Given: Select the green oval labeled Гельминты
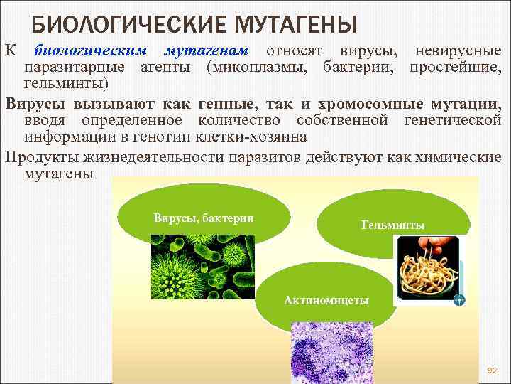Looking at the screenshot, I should point(392,220).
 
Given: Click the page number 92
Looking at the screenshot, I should point(493,370).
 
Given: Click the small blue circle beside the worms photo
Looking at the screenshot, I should point(459,299).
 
